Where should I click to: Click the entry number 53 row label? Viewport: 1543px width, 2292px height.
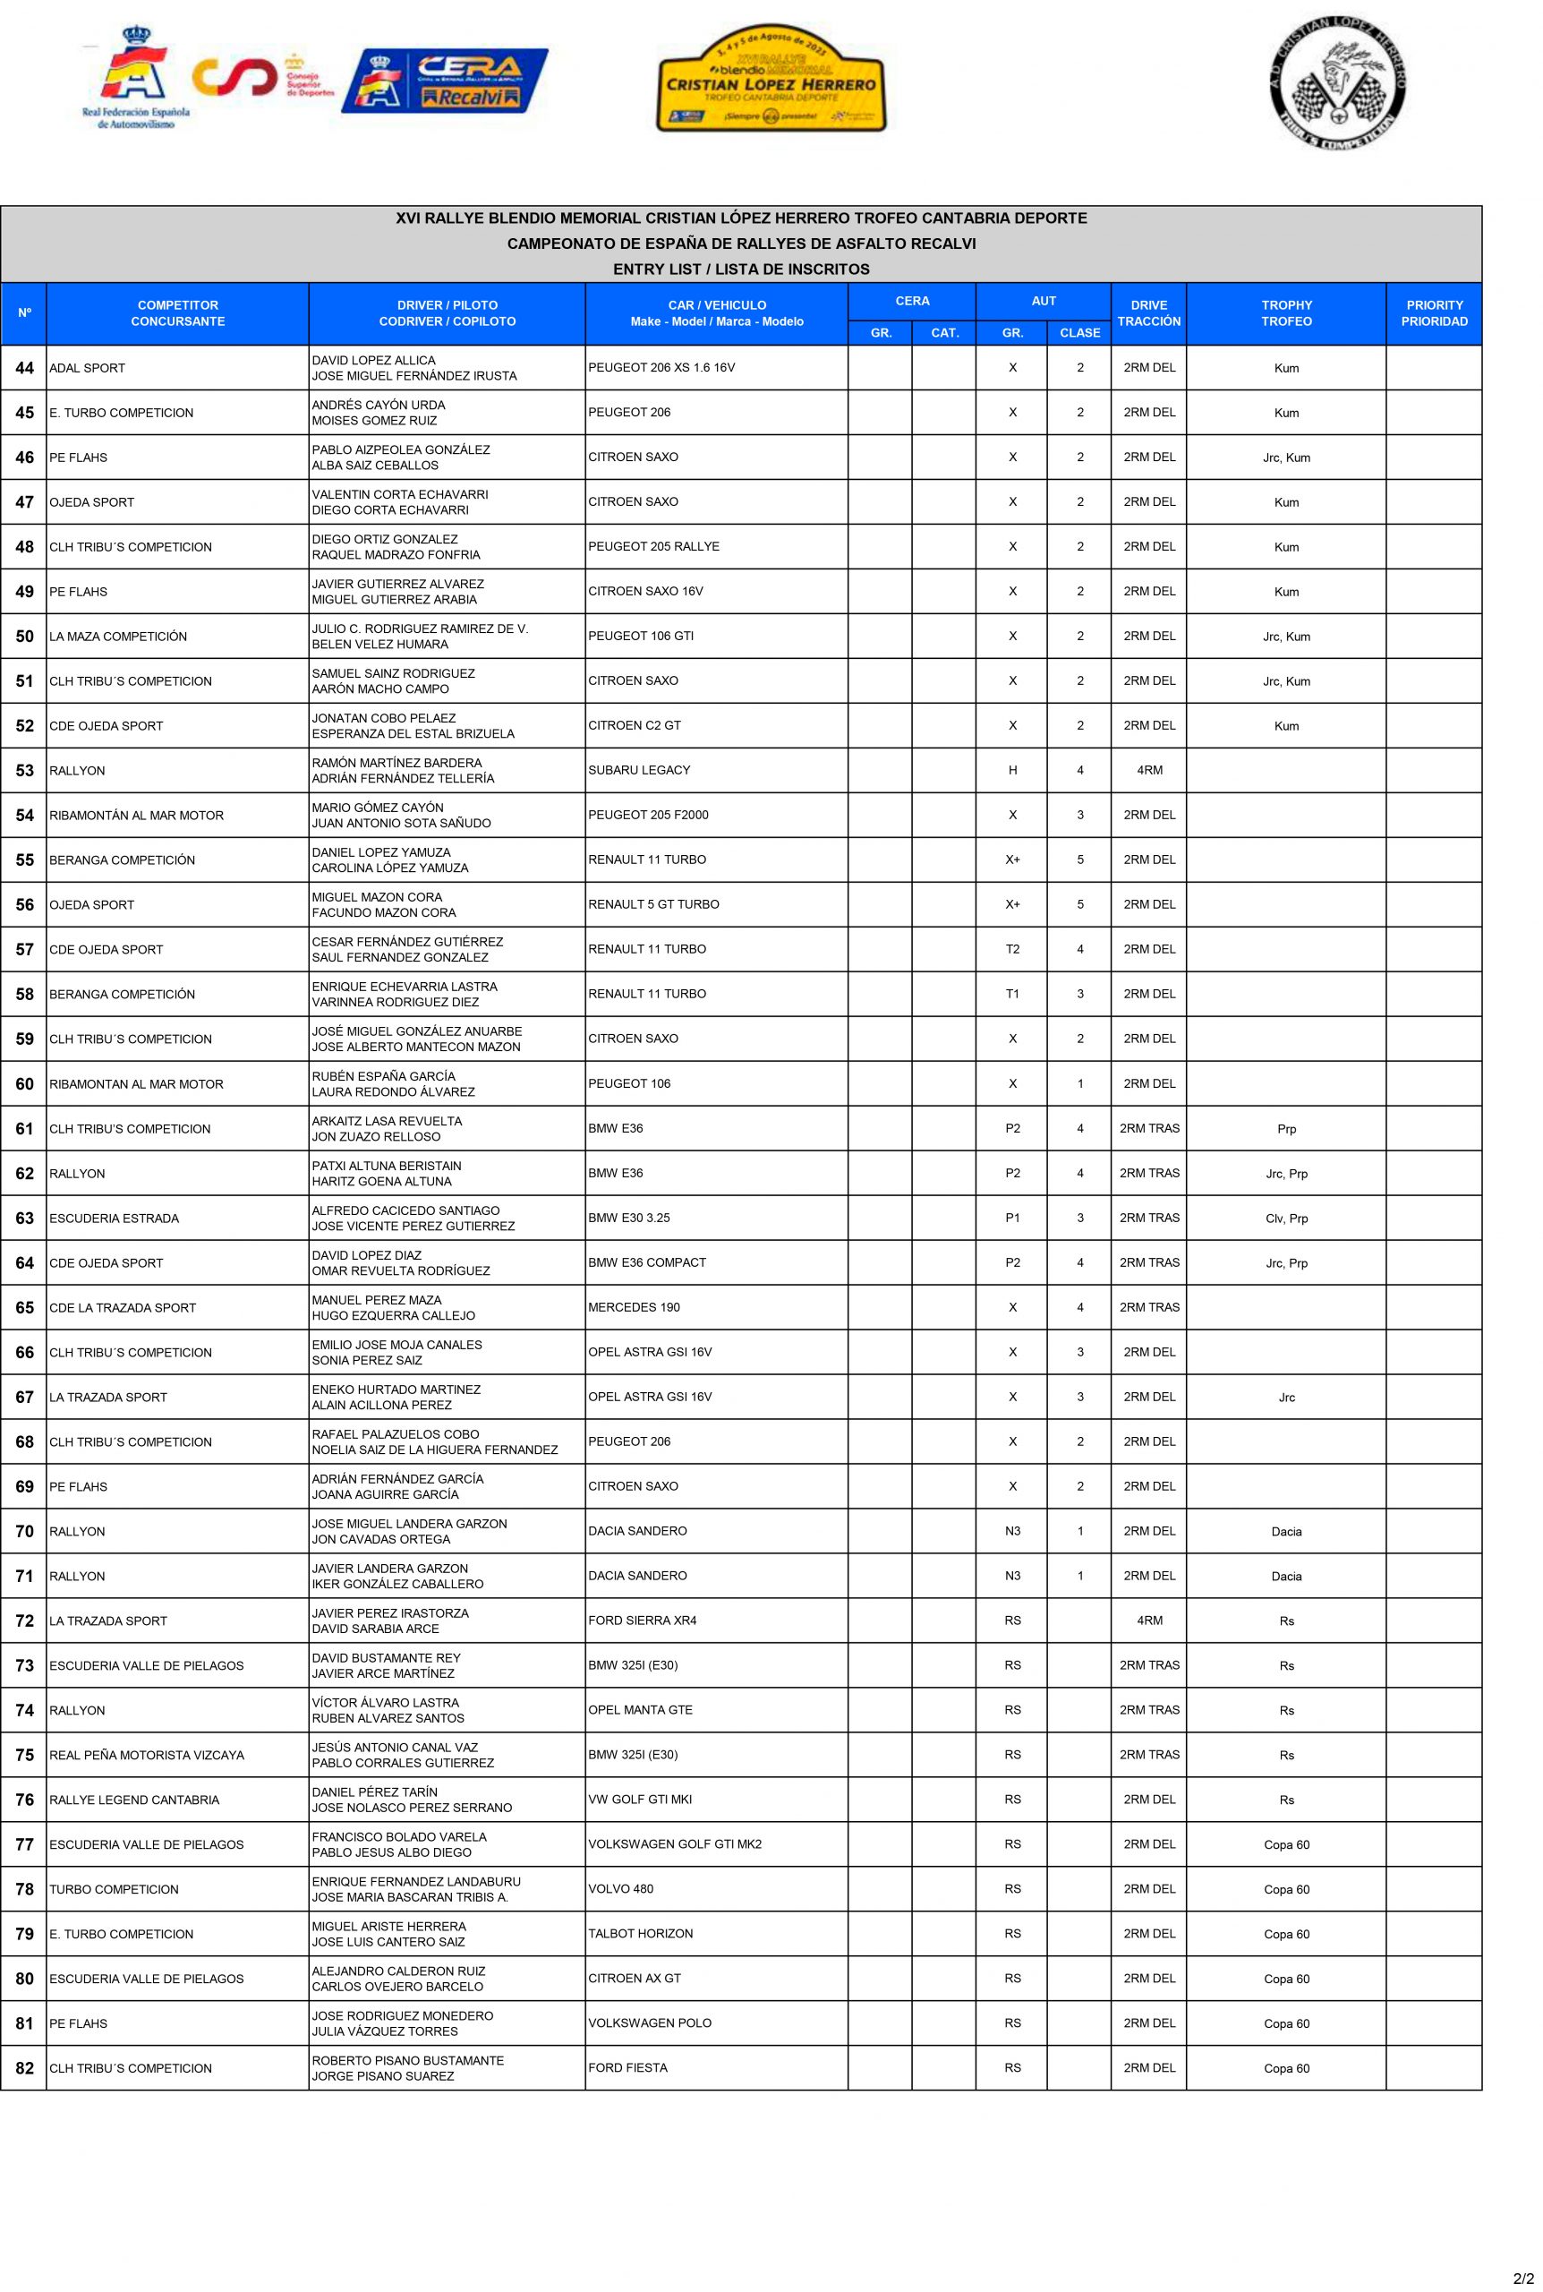[x=24, y=771]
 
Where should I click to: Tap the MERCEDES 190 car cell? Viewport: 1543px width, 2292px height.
[x=634, y=1307]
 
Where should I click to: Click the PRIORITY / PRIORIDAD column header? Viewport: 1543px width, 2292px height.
[x=1434, y=313]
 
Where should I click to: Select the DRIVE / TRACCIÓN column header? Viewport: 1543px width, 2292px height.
[x=1148, y=313]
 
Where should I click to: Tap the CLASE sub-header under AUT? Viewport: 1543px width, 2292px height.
[x=1079, y=333]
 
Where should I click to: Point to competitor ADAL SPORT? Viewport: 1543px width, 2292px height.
[x=88, y=368]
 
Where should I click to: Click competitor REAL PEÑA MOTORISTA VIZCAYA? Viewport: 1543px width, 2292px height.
[x=147, y=1755]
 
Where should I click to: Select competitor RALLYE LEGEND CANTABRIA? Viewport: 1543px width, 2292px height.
[x=134, y=1799]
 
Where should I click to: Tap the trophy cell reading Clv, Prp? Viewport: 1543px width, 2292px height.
[x=1286, y=1219]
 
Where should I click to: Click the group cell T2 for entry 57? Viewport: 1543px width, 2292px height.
[x=1011, y=950]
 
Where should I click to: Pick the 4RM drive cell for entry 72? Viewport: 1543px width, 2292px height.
[x=1148, y=1620]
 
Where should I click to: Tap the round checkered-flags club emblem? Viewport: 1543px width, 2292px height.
[x=1337, y=83]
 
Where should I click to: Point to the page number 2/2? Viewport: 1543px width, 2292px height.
[x=1522, y=2279]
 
